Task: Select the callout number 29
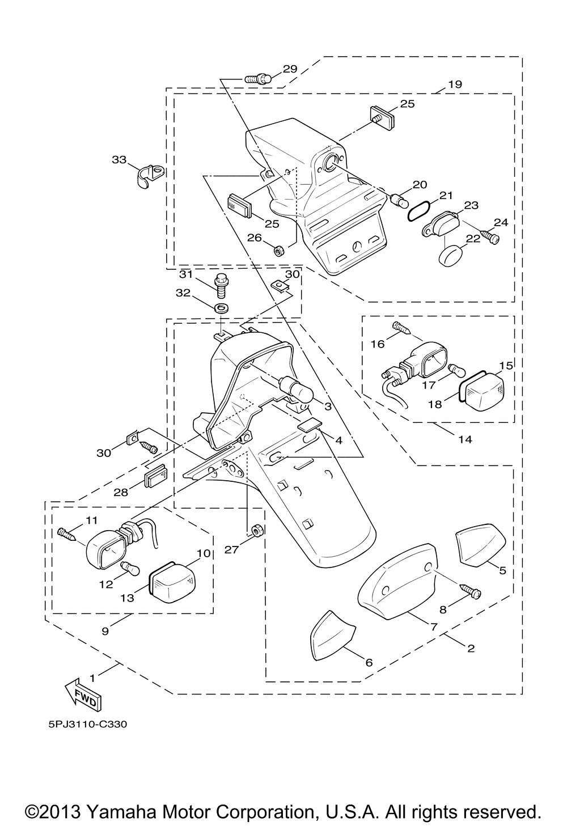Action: [x=290, y=69]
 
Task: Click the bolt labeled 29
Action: [x=259, y=79]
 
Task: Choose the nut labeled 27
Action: [x=256, y=531]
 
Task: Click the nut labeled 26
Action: [x=279, y=251]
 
